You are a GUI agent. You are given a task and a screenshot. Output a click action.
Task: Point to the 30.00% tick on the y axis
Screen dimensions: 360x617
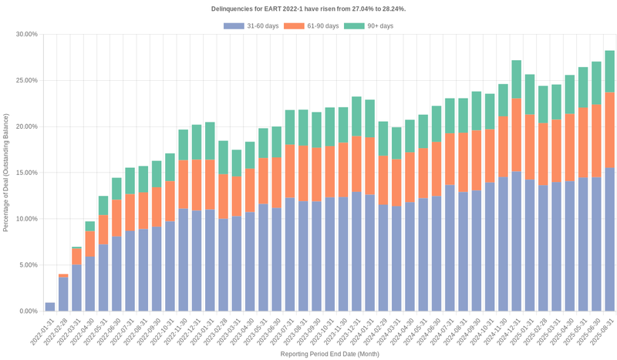click(x=26, y=34)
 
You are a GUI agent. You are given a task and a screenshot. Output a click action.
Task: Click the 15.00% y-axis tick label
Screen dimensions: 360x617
click(x=26, y=173)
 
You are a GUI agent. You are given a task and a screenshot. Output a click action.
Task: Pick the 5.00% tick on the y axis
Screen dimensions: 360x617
click(x=28, y=265)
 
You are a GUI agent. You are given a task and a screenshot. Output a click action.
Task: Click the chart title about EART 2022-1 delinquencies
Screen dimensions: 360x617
click(x=308, y=8)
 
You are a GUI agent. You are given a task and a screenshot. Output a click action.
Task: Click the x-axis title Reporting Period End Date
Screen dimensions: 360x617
click(x=308, y=353)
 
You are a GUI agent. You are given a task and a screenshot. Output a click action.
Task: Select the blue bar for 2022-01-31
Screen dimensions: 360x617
click(x=50, y=307)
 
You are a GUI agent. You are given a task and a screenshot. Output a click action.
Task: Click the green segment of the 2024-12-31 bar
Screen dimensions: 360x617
click(x=517, y=79)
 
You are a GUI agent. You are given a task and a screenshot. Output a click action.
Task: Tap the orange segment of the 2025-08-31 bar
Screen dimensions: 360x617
click(x=609, y=130)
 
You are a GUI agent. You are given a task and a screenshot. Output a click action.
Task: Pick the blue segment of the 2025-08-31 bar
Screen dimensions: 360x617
click(x=609, y=239)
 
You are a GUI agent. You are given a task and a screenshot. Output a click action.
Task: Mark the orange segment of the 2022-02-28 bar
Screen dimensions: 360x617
click(x=63, y=276)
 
